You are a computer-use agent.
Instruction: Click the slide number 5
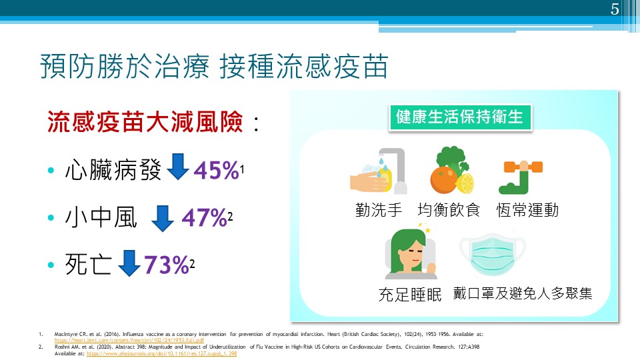pos(615,9)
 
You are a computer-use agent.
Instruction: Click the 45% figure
pos(216,171)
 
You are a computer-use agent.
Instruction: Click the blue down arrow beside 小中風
pos(163,217)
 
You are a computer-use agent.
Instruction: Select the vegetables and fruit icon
pos(453,170)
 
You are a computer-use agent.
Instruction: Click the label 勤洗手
pos(379,210)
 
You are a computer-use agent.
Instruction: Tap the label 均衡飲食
pos(449,210)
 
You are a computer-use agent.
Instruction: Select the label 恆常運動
pos(527,210)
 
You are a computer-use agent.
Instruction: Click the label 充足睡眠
pos(410,294)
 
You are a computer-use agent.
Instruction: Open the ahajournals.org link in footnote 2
pos(161,353)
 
